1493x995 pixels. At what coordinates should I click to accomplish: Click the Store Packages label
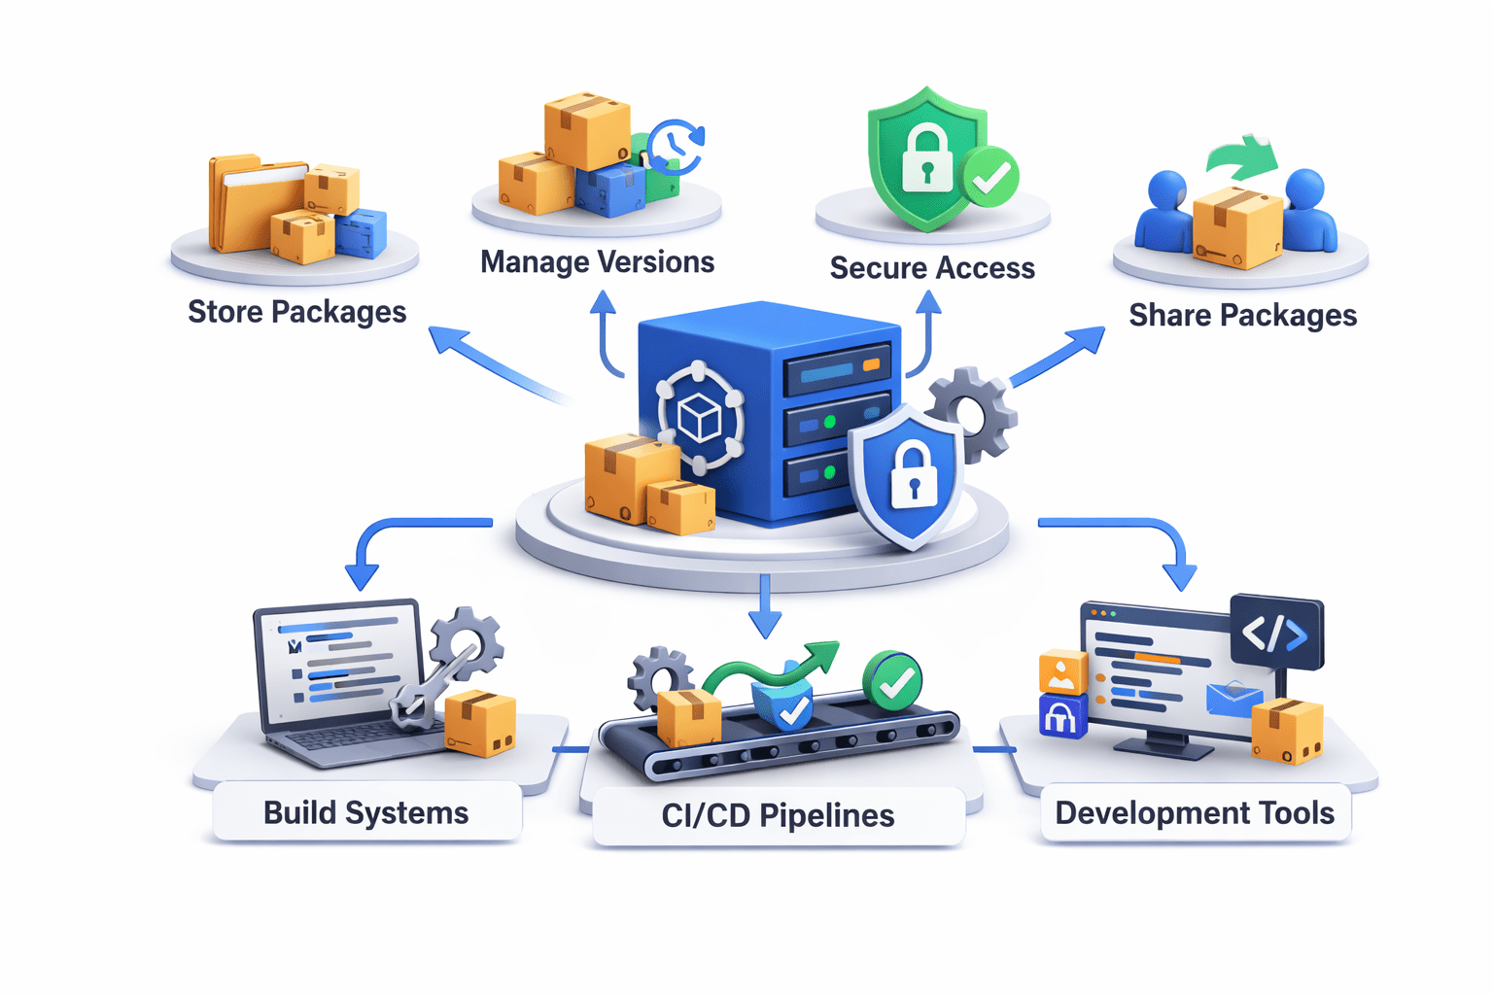(296, 312)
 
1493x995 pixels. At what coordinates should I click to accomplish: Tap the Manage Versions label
(597, 261)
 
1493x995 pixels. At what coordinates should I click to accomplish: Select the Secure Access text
(932, 267)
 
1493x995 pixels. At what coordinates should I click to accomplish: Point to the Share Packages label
(1242, 315)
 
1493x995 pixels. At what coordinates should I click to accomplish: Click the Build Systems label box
(366, 812)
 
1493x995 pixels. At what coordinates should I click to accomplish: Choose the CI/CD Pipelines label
(778, 815)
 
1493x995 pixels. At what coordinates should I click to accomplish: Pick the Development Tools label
(1195, 812)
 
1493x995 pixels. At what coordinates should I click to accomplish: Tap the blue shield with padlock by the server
(908, 476)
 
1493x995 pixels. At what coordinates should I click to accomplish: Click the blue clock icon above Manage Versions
(676, 146)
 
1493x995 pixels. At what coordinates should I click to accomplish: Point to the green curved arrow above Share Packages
(1242, 157)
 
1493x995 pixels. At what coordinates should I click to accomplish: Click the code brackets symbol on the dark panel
(1275, 634)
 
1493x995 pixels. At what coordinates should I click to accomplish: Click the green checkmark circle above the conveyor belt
(892, 680)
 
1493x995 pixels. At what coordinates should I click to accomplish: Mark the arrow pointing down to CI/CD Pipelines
(765, 607)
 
